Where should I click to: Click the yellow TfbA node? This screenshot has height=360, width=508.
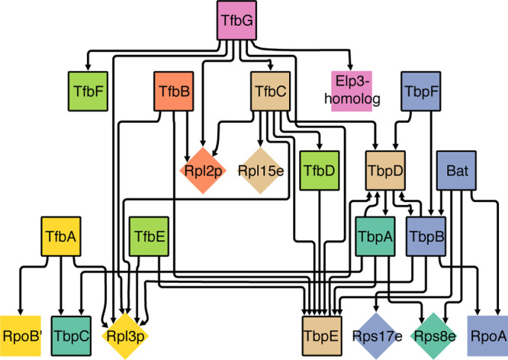point(61,236)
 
